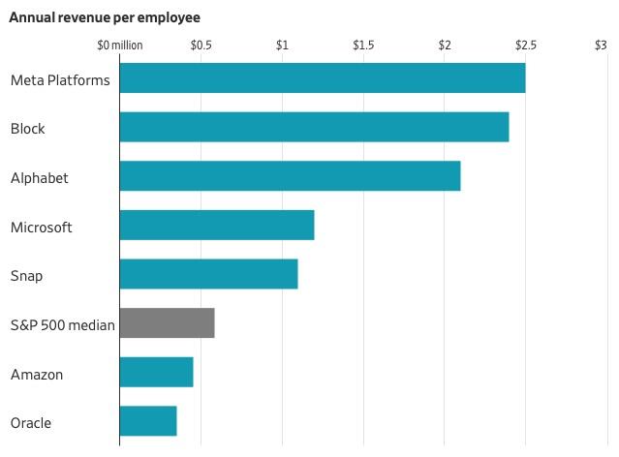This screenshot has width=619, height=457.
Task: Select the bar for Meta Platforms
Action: coord(322,78)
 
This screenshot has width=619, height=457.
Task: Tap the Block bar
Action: coord(314,128)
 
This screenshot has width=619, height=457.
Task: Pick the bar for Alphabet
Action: coord(290,176)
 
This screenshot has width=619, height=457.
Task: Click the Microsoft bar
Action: coord(217,226)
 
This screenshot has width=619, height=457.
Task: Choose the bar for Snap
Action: coord(208,275)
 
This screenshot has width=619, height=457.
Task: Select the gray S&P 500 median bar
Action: coord(167,323)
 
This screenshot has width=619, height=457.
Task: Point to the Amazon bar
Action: coord(156,372)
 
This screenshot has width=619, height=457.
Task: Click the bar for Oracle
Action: coord(148,421)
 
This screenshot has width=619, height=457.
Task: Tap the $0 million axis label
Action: coord(120,46)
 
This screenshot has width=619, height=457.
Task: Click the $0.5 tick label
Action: coord(201,46)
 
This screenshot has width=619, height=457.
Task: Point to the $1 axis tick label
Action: coord(282,46)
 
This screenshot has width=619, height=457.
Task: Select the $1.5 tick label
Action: coord(363,46)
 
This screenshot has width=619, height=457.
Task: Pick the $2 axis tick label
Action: coord(445,46)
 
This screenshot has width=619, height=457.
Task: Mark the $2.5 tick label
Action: coord(525,46)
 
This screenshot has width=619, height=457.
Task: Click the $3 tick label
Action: coord(601,46)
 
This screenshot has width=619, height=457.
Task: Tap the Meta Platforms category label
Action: coord(60,79)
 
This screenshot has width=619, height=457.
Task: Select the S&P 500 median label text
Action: coord(62,325)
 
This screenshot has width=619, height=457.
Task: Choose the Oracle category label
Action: coord(31,423)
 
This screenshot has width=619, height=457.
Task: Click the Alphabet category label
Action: coord(39,178)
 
